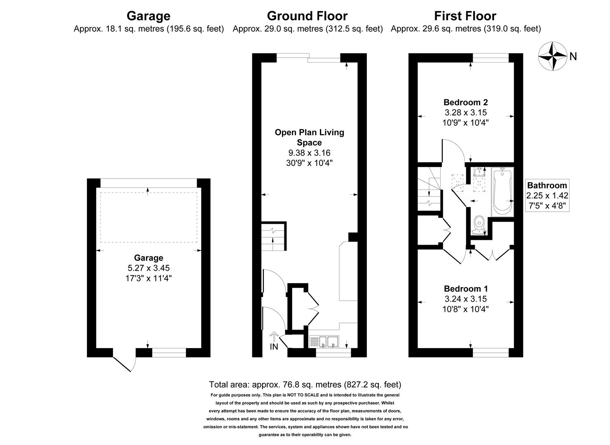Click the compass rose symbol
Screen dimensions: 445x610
[552, 57]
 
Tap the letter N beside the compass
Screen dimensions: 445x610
[573, 57]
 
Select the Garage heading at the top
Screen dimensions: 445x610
[148, 16]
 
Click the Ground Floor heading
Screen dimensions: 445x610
[307, 16]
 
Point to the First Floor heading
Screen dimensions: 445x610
[465, 16]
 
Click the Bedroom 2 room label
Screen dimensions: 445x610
[466, 102]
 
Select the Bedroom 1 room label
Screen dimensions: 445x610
[466, 289]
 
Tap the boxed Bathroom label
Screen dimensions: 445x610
[547, 185]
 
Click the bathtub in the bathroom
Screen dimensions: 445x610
[502, 191]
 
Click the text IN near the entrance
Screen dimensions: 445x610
[274, 347]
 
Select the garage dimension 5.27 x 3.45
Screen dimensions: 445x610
[148, 268]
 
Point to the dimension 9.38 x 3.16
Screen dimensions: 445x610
[309, 153]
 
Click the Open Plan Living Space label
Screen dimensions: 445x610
[309, 137]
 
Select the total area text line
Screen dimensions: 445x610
[305, 384]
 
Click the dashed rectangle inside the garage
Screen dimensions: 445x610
[148, 217]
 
